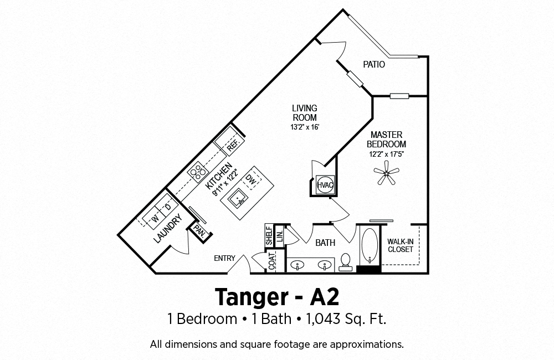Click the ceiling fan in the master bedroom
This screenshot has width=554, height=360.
coord(387,173)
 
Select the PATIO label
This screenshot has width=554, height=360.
coord(374,65)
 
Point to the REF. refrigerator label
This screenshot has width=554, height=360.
coord(234,145)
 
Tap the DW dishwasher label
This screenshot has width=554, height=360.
coord(252,180)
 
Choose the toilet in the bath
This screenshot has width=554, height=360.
coord(345,262)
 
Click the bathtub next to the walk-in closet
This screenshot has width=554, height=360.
coord(370,245)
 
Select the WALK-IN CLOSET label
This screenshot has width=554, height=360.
coord(401,245)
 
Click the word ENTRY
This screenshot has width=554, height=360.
coord(224,258)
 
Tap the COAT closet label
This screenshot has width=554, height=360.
coord(271,261)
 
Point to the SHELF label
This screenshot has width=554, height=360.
coord(269,235)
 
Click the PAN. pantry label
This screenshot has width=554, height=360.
coord(201,232)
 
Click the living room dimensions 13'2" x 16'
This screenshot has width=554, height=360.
coord(305,127)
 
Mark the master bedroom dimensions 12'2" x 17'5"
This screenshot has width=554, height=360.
coord(387,154)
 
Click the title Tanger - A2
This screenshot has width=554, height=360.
coord(277,297)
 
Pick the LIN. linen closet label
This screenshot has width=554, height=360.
coord(279,235)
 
